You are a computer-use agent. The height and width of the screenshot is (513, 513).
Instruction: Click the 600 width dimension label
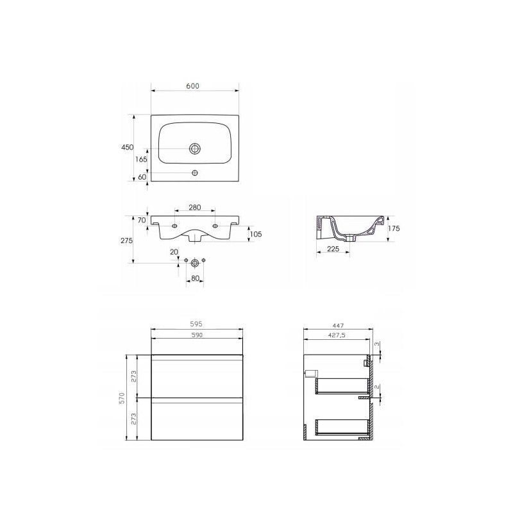[193, 86]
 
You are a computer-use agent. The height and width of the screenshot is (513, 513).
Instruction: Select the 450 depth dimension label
[127, 147]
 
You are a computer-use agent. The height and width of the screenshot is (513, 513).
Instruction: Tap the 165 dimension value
[141, 159]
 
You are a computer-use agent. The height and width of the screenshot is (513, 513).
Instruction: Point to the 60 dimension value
[142, 177]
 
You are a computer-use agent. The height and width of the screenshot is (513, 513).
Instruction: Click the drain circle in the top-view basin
[195, 149]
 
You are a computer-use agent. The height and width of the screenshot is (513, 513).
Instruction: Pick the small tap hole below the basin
[195, 172]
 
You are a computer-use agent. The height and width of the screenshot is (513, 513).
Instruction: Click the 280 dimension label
[195, 207]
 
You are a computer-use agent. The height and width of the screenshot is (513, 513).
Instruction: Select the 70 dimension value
[142, 220]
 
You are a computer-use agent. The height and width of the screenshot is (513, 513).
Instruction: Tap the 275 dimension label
[126, 240]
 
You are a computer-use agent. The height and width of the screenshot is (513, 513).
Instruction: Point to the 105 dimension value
[256, 234]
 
